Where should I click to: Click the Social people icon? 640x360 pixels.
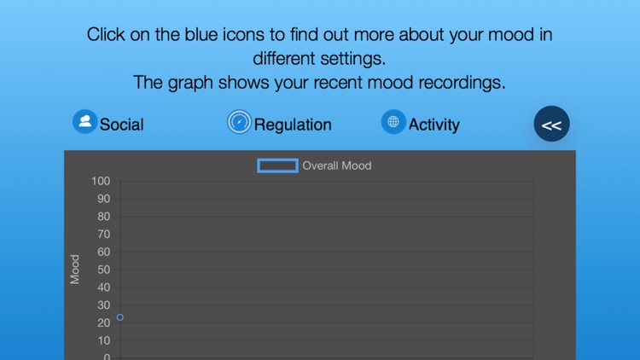(84, 122)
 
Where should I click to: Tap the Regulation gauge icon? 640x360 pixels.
(240, 123)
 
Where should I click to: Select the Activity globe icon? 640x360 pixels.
(393, 122)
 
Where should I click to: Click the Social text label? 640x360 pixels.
(121, 125)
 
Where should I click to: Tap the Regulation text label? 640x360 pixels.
(293, 125)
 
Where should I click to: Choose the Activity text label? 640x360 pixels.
(433, 125)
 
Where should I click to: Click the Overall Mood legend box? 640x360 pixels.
(277, 165)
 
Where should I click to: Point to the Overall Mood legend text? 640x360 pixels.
(337, 165)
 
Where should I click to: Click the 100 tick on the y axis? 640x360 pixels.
(102, 181)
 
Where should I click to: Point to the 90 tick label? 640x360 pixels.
(103, 199)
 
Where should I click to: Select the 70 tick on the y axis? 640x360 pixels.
(103, 235)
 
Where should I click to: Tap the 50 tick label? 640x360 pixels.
(103, 270)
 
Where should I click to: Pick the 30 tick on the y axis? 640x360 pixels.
(103, 305)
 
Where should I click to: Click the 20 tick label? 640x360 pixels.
(103, 323)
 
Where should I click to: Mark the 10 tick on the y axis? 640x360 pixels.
(103, 341)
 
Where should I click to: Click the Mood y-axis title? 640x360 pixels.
(75, 270)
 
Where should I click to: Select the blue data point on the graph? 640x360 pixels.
(120, 317)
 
